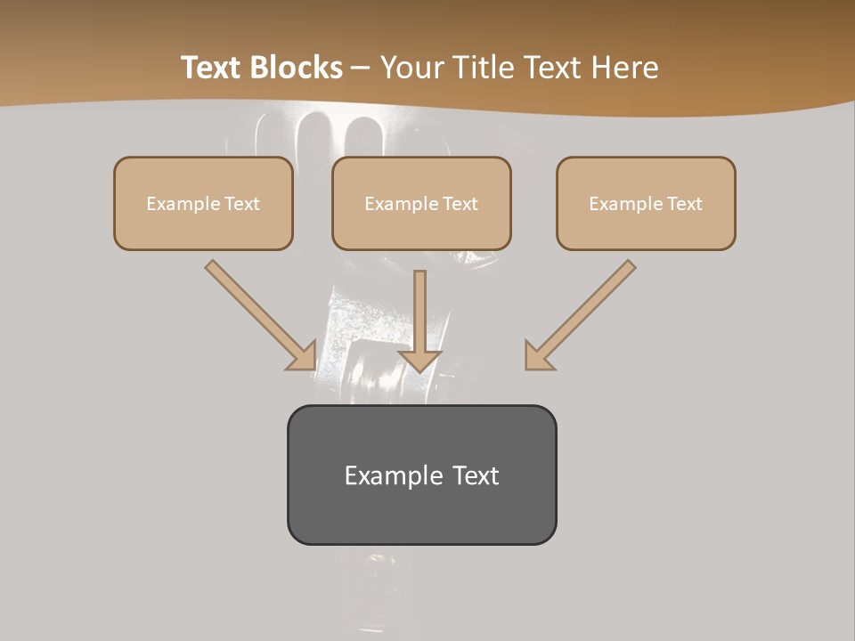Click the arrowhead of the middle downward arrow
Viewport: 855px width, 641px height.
coord(419,361)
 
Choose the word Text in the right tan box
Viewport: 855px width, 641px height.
coord(684,204)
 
